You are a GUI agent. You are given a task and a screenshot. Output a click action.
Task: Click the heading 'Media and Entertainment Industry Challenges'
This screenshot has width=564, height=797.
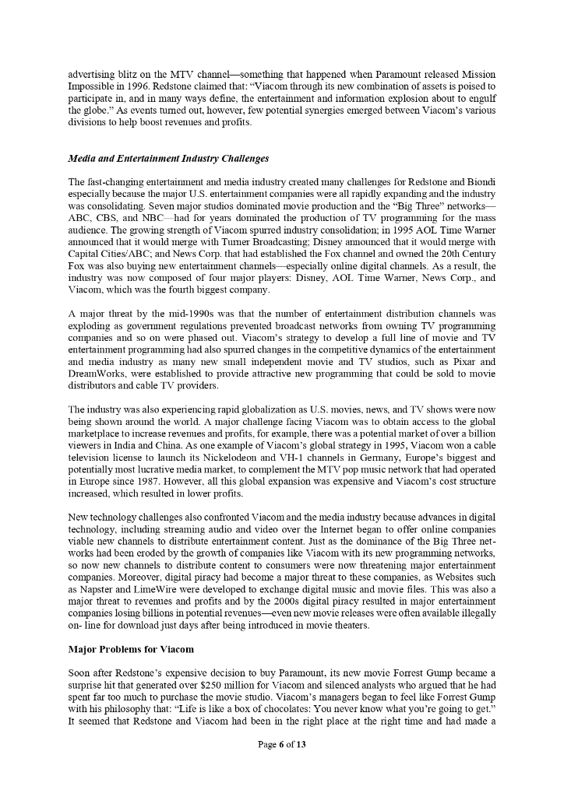click(168, 159)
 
